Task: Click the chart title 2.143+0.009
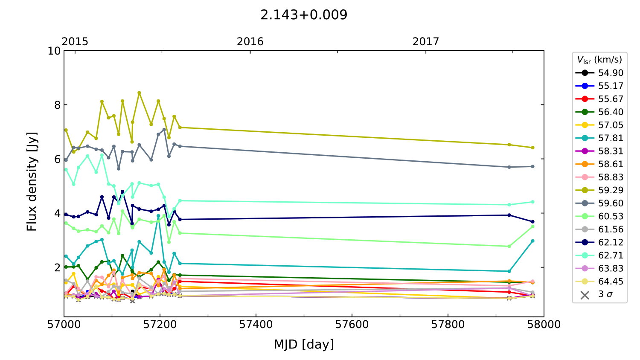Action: tap(304, 15)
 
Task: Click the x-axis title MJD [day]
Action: tap(304, 344)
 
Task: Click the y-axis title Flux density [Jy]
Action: tap(32, 182)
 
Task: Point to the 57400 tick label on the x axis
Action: tap(256, 325)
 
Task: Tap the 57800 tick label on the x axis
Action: tap(448, 325)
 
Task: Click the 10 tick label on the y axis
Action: tap(54, 51)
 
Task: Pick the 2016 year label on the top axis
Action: tap(250, 41)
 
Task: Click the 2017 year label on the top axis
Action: tap(425, 41)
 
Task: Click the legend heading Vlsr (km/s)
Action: tap(599, 60)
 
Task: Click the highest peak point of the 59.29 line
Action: tap(139, 93)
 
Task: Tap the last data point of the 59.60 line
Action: tap(532, 166)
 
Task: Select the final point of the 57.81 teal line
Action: tap(532, 241)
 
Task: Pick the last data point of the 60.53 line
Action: tap(532, 226)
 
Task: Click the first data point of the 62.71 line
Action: tap(66, 169)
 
